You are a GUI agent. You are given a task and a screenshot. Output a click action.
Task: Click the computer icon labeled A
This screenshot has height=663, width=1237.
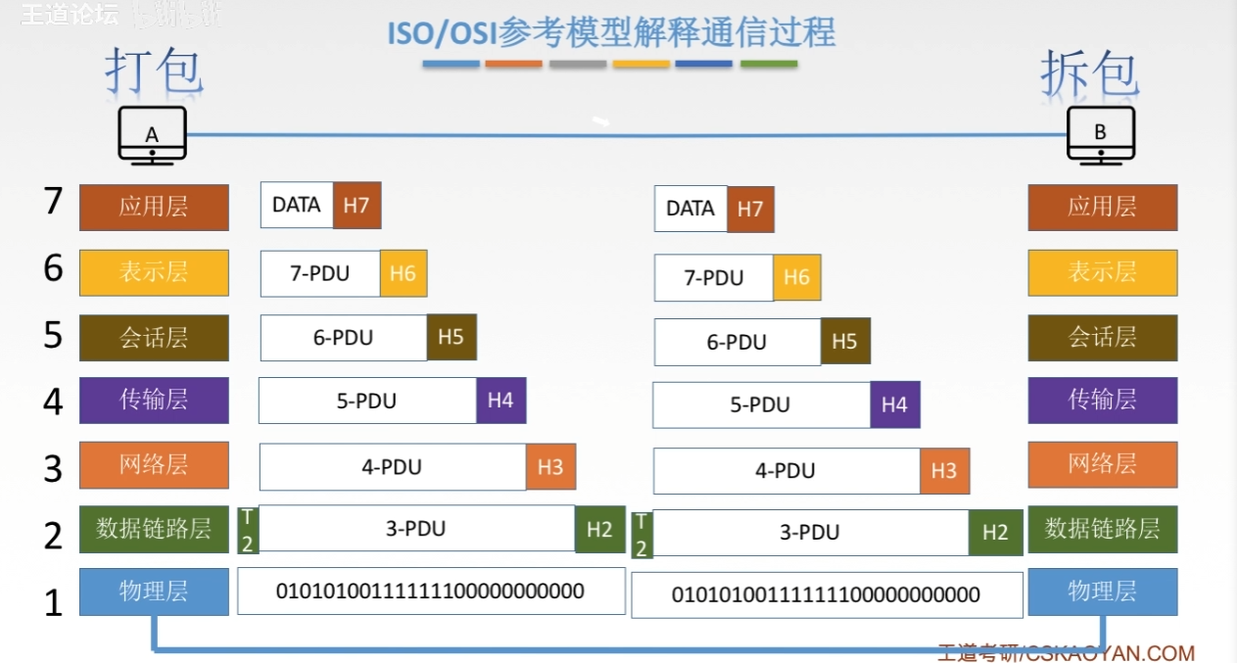click(x=152, y=135)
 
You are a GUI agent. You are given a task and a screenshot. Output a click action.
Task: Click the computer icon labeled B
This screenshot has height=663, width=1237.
click(x=1101, y=134)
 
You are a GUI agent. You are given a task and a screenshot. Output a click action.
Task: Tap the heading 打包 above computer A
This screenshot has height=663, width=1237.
click(x=154, y=71)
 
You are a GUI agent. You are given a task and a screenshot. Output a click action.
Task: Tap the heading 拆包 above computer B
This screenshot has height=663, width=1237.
click(x=1089, y=73)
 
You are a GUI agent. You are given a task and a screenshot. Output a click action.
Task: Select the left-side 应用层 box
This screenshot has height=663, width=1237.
click(x=154, y=207)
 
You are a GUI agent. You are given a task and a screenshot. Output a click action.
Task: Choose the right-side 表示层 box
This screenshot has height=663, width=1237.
click(x=1102, y=272)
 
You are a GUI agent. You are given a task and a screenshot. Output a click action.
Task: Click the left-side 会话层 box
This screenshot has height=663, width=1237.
click(x=154, y=338)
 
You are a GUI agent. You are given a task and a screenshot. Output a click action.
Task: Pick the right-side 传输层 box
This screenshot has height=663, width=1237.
click(x=1102, y=401)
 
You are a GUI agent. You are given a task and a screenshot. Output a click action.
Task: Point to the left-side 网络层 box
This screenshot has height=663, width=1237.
click(x=154, y=465)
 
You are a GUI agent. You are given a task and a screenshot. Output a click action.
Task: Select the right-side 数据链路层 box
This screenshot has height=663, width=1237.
click(x=1102, y=530)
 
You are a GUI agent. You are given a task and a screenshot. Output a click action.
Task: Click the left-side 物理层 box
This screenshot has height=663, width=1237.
click(x=154, y=592)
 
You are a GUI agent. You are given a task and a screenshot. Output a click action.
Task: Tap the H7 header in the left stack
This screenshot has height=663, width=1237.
click(x=357, y=205)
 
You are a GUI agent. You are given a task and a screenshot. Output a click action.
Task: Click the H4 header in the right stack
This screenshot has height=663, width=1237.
click(x=894, y=404)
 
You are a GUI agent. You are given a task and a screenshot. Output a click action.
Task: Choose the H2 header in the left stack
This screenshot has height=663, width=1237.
click(x=599, y=529)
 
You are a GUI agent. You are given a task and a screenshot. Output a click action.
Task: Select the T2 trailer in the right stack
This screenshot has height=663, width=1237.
click(x=642, y=534)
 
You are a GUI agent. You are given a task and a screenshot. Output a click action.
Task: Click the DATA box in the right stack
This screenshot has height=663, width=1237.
click(x=690, y=209)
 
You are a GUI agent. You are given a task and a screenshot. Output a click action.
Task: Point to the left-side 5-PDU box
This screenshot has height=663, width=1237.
click(x=367, y=401)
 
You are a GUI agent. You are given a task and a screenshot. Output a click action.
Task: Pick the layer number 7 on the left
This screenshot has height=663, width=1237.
click(x=54, y=202)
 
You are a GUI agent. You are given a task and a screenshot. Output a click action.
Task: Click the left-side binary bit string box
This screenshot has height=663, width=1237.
click(x=431, y=592)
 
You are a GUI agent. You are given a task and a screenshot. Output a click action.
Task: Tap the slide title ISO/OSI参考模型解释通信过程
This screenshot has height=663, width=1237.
click(x=611, y=33)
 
